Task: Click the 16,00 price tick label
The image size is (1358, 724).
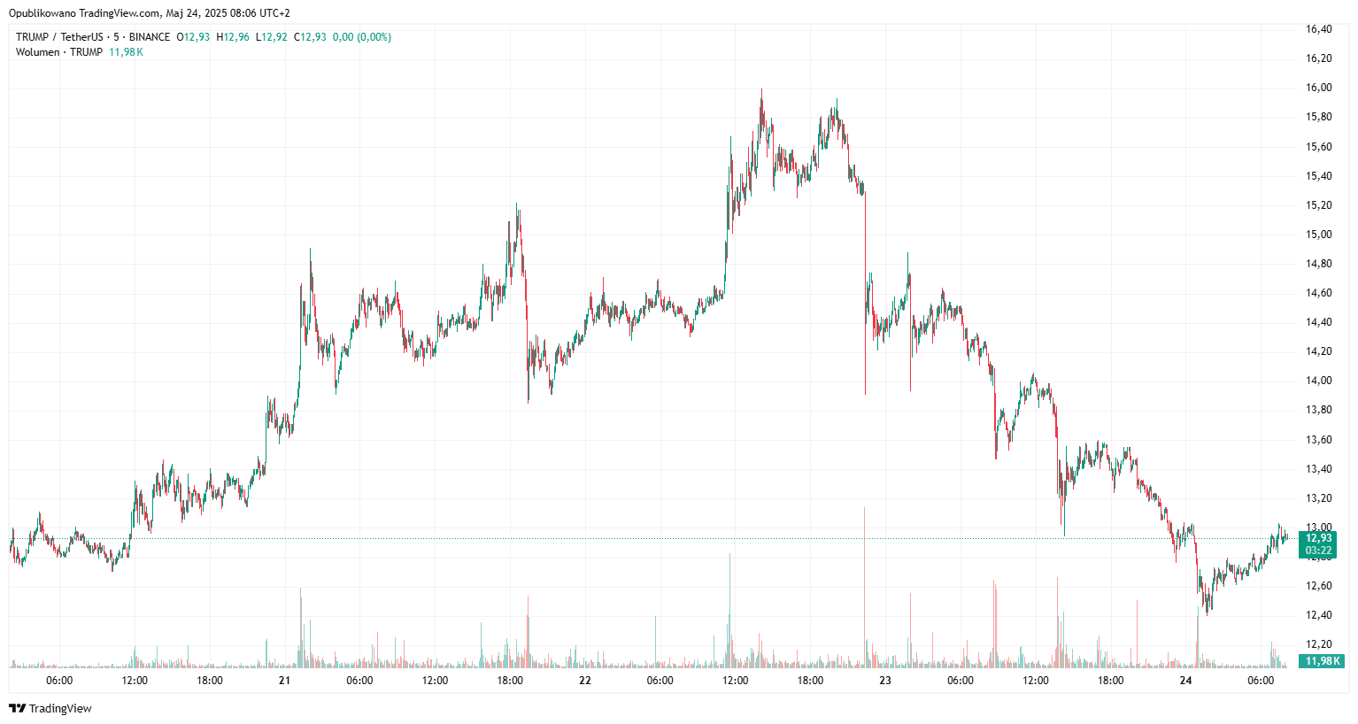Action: coord(1318,88)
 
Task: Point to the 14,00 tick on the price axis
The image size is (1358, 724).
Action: coord(1318,381)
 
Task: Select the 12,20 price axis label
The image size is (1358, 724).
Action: coord(1318,644)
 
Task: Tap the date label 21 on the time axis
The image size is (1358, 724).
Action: coord(284,681)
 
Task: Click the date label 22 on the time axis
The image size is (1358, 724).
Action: coord(584,681)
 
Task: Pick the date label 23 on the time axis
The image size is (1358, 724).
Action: coord(885,681)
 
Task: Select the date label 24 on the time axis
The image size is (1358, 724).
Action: coord(1186,681)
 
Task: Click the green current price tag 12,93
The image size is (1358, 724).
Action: coord(1318,538)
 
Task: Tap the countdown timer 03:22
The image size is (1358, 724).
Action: coord(1318,551)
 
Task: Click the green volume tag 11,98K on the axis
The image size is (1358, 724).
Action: coord(1323,661)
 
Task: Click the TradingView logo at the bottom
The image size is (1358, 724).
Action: coord(50,708)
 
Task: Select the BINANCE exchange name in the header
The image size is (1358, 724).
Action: coord(149,37)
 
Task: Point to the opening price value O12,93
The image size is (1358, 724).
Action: coord(194,37)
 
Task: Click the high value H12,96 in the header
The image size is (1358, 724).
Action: coord(233,37)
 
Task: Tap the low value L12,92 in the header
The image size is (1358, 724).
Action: coord(272,37)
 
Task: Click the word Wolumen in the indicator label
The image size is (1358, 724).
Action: coord(38,52)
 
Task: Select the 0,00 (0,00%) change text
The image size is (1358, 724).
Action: coord(362,37)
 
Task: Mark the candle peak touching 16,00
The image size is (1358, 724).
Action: coord(761,90)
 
